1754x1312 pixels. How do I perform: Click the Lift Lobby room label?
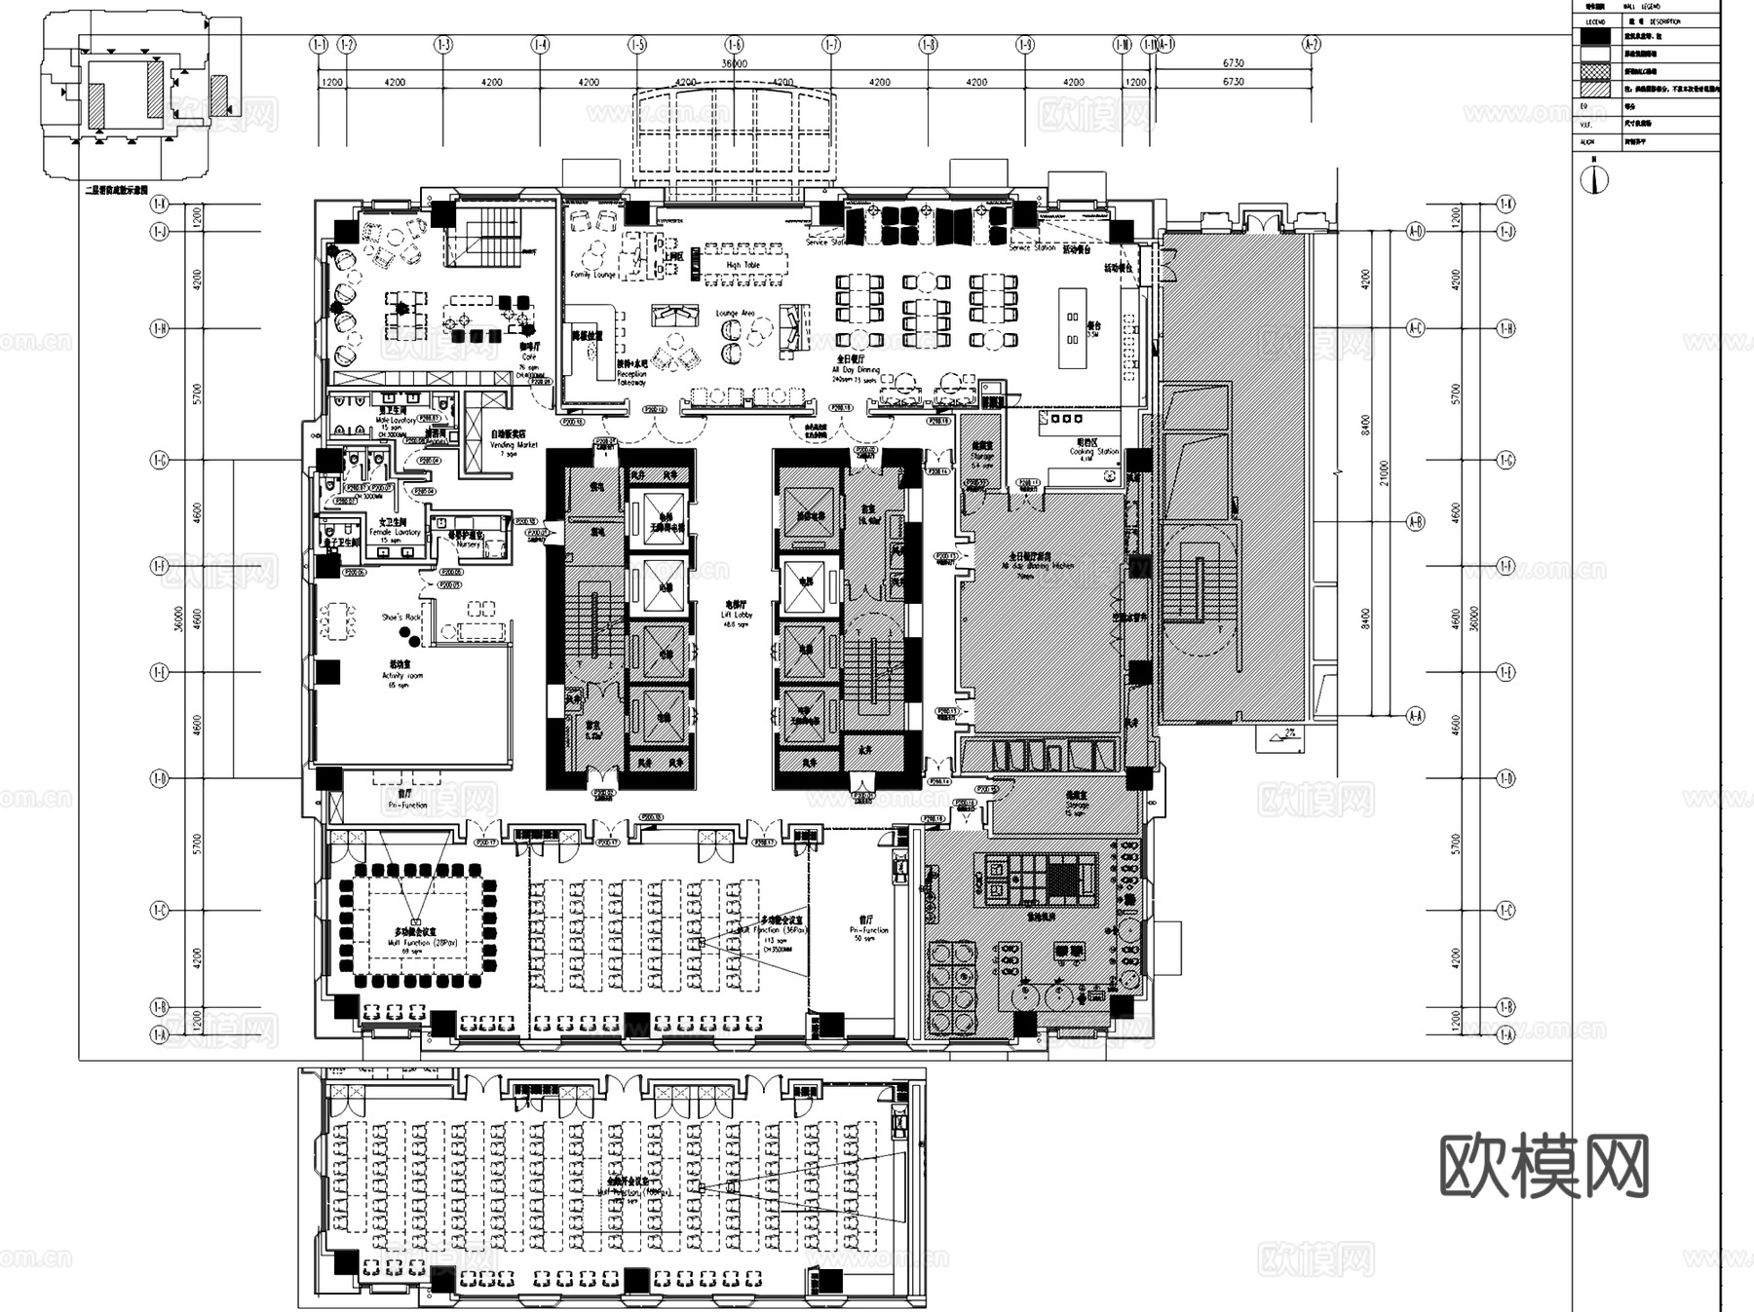pyautogui.click(x=737, y=615)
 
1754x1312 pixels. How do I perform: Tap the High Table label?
pyautogui.click(x=743, y=265)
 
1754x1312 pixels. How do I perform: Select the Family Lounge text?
pyautogui.click(x=592, y=275)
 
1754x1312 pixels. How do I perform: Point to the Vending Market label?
pyautogui.click(x=513, y=444)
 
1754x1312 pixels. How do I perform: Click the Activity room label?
pyautogui.click(x=401, y=675)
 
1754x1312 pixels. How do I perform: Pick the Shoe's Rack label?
pyautogui.click(x=400, y=618)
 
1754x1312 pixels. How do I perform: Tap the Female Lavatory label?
pyautogui.click(x=395, y=532)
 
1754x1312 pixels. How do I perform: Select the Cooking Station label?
pyautogui.click(x=1093, y=451)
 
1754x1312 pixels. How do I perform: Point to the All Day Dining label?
pyautogui.click(x=856, y=370)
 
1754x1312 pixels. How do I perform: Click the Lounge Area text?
pyautogui.click(x=735, y=314)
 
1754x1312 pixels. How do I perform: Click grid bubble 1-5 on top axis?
pyautogui.click(x=637, y=45)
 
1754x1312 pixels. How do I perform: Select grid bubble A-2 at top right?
pyautogui.click(x=1311, y=45)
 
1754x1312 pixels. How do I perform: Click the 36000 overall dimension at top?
pyautogui.click(x=734, y=63)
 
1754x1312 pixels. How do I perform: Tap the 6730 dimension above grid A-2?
pyautogui.click(x=1233, y=63)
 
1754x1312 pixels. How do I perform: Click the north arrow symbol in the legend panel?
pyautogui.click(x=1594, y=178)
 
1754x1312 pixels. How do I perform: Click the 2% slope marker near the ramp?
pyautogui.click(x=1288, y=732)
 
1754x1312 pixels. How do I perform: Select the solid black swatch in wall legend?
pyautogui.click(x=1595, y=36)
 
